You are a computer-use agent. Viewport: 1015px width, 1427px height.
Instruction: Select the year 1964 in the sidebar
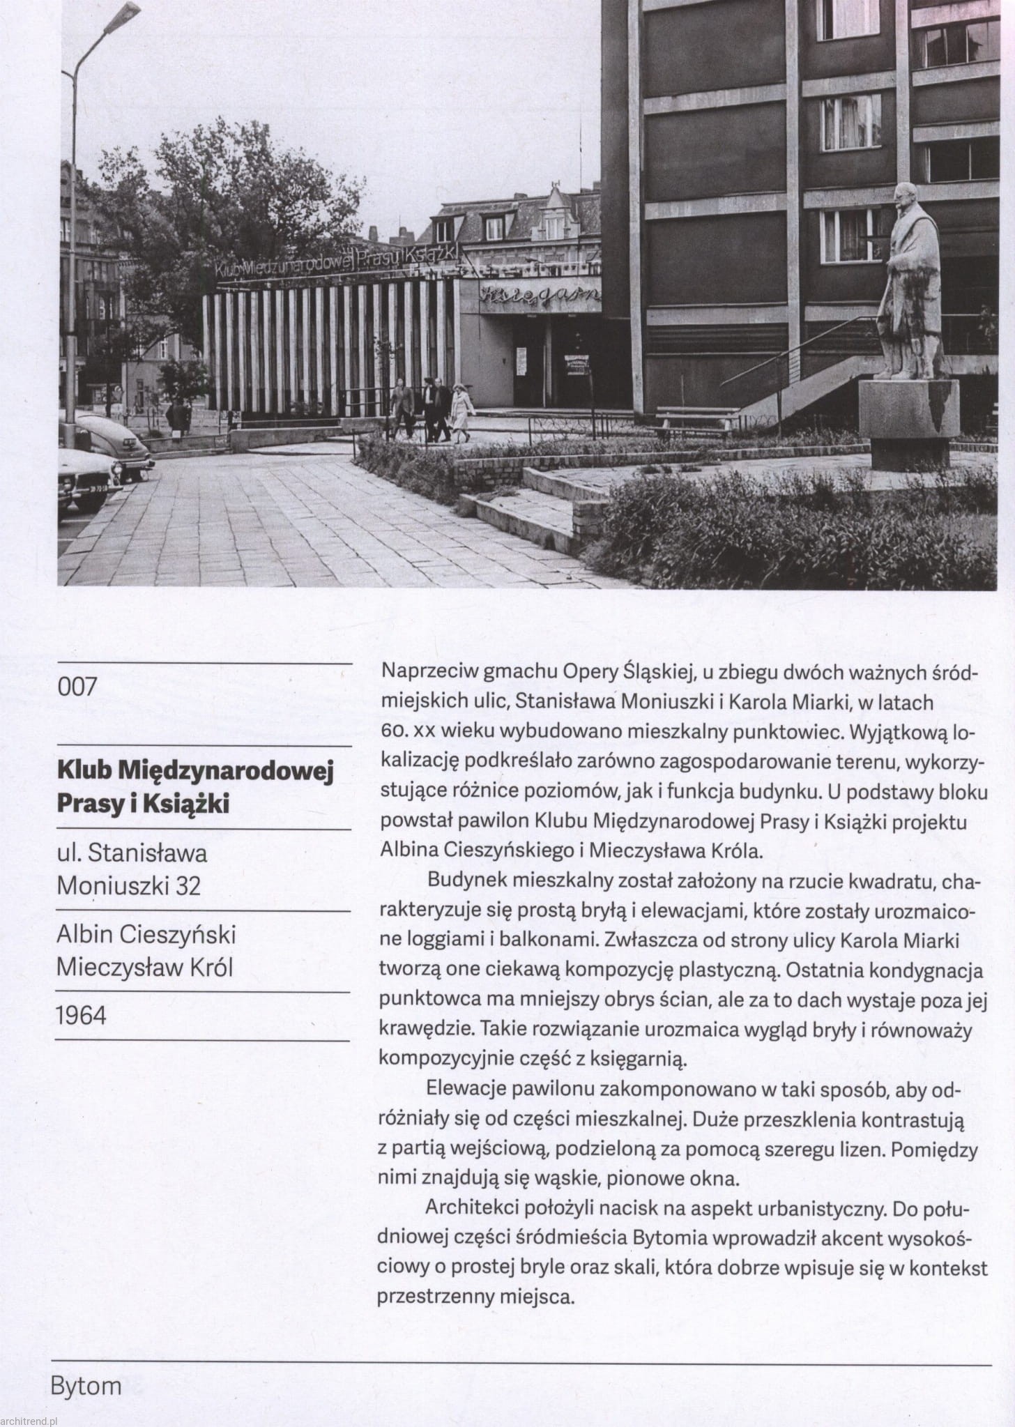tap(82, 1016)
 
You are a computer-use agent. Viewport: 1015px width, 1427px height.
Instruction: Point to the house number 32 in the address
tap(188, 885)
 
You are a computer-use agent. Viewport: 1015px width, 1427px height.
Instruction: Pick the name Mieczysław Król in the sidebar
tap(144, 968)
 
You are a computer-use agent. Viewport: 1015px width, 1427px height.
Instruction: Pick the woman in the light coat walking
tap(460, 415)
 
